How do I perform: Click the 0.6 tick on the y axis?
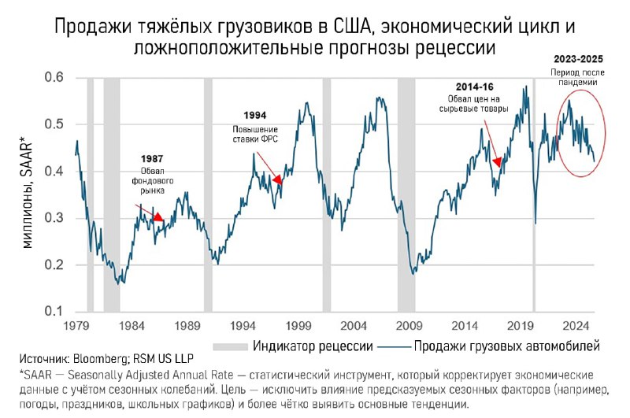(54, 77)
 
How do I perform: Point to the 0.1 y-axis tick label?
(54, 313)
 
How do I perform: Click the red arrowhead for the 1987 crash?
(158, 217)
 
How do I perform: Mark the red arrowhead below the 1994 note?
(276, 180)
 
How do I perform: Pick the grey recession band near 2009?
(406, 197)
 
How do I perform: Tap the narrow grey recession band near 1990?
(208, 197)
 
